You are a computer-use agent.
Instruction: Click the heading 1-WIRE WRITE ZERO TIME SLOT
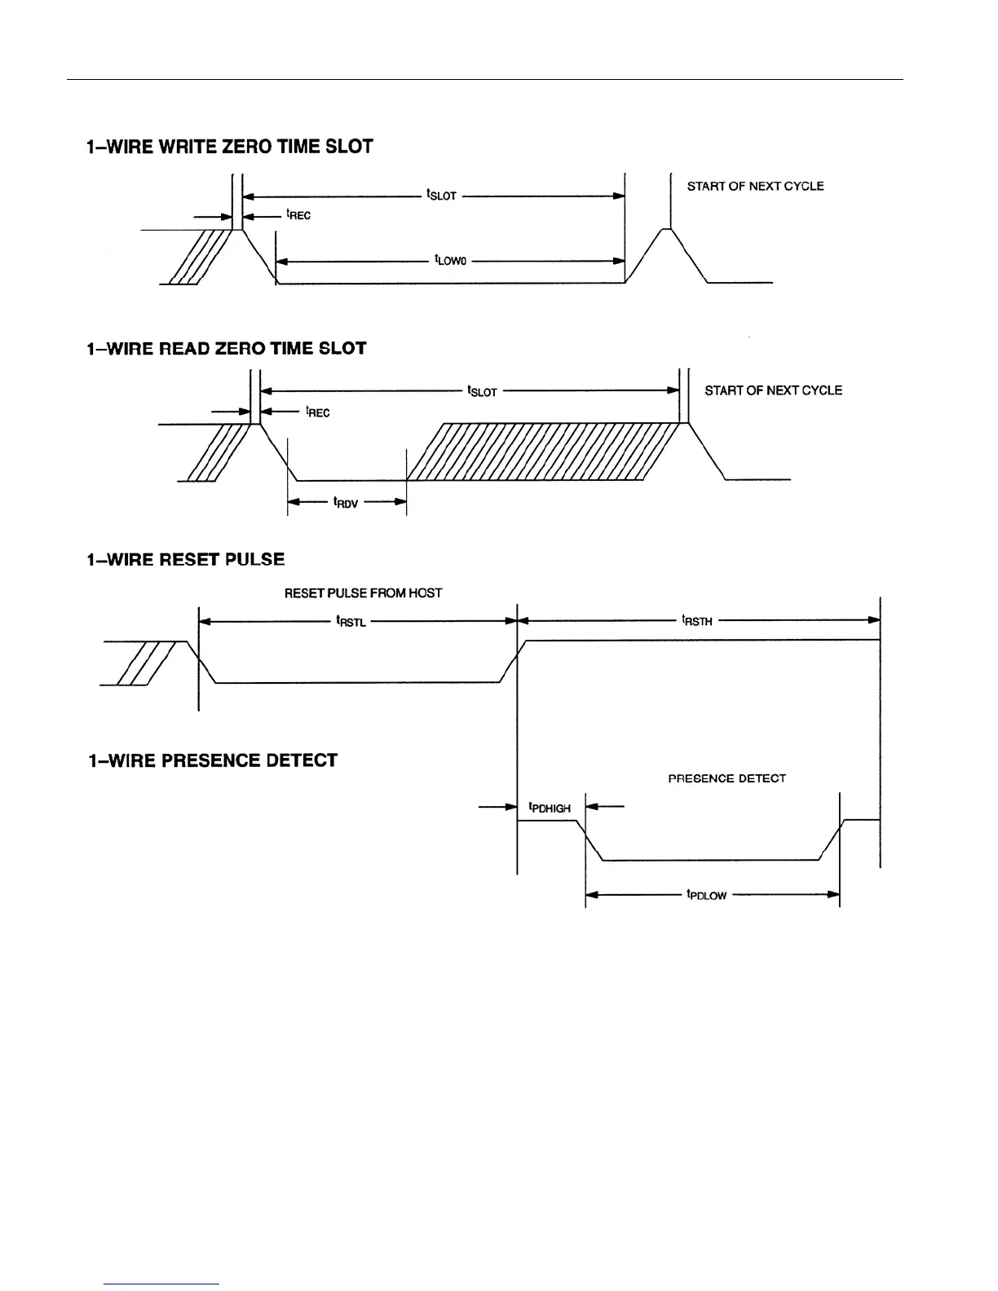[x=229, y=148]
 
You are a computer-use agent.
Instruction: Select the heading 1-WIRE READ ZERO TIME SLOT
[x=226, y=349]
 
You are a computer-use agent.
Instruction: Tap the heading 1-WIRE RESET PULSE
[x=185, y=560]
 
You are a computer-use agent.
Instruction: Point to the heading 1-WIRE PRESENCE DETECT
[x=212, y=761]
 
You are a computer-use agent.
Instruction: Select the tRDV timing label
[x=346, y=503]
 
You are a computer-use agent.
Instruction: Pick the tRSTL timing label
[x=351, y=622]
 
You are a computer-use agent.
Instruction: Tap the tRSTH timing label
[x=697, y=621]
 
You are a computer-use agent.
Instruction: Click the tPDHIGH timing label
[x=550, y=808]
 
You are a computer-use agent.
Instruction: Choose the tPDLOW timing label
[x=706, y=895]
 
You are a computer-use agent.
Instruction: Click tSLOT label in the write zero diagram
[x=441, y=196]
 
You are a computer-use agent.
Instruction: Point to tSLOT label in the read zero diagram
[x=482, y=391]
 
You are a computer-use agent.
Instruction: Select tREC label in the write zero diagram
[x=298, y=215]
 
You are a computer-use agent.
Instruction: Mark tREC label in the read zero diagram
[x=317, y=412]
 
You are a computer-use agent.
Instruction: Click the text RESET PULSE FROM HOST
[x=363, y=593]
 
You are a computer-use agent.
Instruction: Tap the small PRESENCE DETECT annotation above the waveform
[x=726, y=778]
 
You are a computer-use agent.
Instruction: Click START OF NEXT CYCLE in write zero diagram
[x=755, y=187]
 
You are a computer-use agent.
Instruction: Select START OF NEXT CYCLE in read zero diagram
[x=773, y=390]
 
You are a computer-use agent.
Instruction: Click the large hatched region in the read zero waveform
[x=542, y=452]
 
